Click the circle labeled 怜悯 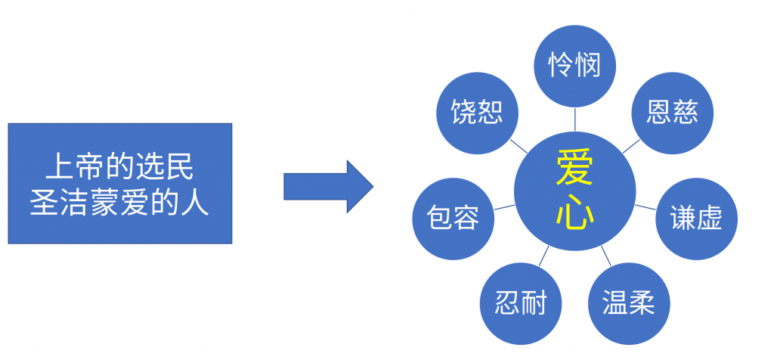[575, 65]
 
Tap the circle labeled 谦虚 [696, 218]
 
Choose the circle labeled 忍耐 [521, 303]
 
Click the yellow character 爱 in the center [575, 167]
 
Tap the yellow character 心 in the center [575, 213]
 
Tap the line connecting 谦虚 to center [645, 206]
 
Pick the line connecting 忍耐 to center [544, 256]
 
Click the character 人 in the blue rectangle [198, 202]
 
